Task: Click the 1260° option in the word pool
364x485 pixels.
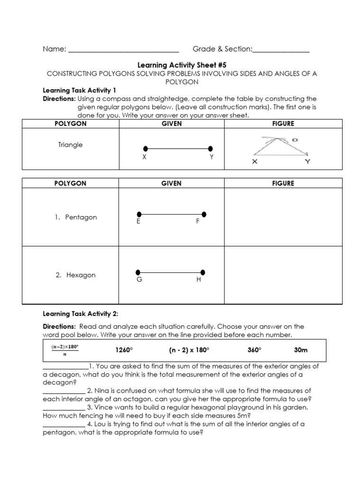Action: [x=124, y=350]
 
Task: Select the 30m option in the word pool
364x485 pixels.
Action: [x=300, y=350]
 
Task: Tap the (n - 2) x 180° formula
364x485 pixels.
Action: [x=189, y=350]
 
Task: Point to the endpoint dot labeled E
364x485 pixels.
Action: [x=139, y=214]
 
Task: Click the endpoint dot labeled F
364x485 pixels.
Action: [x=204, y=214]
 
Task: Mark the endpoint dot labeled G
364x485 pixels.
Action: [x=138, y=272]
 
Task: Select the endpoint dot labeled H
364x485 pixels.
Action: [x=203, y=272]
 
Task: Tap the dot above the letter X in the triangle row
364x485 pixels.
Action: [x=146, y=148]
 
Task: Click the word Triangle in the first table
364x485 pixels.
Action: [x=70, y=145]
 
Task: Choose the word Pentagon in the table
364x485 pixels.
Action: [x=81, y=217]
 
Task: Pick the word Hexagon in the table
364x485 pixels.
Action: [x=81, y=275]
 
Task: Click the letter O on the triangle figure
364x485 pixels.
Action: [x=294, y=140]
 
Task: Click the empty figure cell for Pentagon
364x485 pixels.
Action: [x=283, y=217]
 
